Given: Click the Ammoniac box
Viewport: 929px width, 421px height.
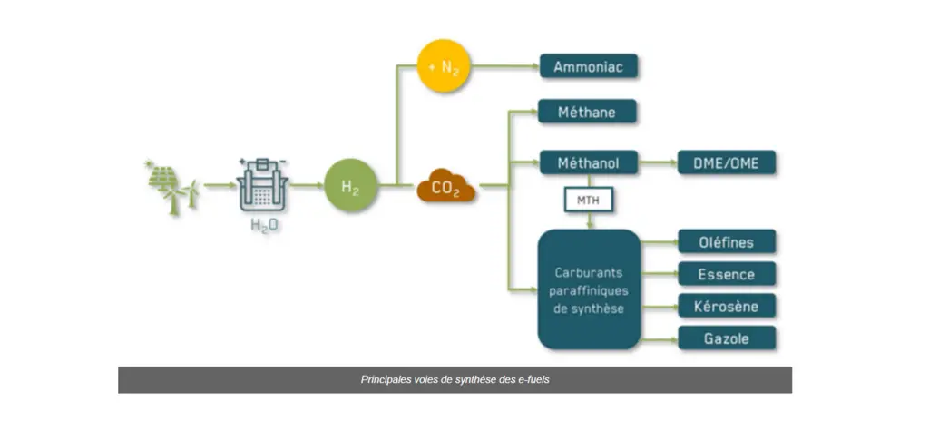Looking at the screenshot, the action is [x=588, y=66].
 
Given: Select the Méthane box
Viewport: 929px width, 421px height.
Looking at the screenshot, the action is [x=587, y=112].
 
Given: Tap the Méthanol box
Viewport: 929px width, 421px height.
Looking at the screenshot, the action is [x=588, y=162].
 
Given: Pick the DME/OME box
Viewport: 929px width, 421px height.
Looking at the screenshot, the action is [x=727, y=162].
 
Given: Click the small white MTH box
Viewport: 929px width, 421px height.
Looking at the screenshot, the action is [x=588, y=201].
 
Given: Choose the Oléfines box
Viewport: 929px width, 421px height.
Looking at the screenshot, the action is [x=727, y=242].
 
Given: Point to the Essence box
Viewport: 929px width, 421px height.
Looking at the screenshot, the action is [x=727, y=274].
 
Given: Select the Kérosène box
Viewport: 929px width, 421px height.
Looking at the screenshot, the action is [x=727, y=306].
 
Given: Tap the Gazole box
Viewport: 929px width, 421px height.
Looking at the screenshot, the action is [x=727, y=338].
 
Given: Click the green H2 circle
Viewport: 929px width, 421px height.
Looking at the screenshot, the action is [x=350, y=186].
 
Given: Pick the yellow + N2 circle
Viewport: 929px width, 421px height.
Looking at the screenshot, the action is [x=444, y=66].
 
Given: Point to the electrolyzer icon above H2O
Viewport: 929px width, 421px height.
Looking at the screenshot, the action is [x=262, y=185].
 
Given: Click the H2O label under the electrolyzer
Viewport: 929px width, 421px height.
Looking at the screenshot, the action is [x=263, y=225].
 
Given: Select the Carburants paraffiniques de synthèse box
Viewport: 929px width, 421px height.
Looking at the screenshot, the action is [x=589, y=289].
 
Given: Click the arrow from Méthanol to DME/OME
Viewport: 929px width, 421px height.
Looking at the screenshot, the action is [x=657, y=162].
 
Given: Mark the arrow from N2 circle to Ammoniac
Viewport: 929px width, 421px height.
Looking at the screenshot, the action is [x=504, y=66].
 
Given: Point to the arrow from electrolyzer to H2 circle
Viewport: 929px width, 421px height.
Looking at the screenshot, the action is [x=307, y=186].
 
